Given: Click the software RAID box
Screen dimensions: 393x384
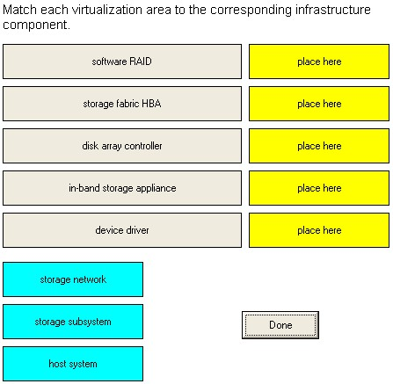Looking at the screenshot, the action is pyautogui.click(x=122, y=62).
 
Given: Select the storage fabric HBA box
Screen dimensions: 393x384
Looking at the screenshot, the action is pyautogui.click(x=122, y=104).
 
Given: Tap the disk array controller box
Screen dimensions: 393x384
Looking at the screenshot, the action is pyautogui.click(x=122, y=146).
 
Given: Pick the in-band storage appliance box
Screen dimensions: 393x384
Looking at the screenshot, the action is pyautogui.click(x=122, y=188).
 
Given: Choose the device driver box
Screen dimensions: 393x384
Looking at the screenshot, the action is pyautogui.click(x=122, y=230).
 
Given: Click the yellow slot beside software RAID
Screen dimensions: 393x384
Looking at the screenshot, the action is pyautogui.click(x=319, y=62).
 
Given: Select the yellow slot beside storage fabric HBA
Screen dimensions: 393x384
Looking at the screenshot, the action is pyautogui.click(x=319, y=104).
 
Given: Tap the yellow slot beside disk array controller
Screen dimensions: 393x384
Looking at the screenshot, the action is pyautogui.click(x=319, y=146).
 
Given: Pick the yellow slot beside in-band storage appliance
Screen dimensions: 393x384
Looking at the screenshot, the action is pyautogui.click(x=319, y=188).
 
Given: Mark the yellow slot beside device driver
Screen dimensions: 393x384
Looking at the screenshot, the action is pyautogui.click(x=319, y=230).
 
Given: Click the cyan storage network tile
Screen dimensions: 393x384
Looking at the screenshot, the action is pyautogui.click(x=73, y=279).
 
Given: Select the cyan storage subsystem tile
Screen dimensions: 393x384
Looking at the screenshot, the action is pyautogui.click(x=73, y=322).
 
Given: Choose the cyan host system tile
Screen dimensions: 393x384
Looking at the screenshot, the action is pyautogui.click(x=73, y=364).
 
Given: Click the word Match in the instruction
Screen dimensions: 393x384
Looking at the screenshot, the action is pyautogui.click(x=20, y=10).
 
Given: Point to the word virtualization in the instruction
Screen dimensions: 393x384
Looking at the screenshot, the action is pyautogui.click(x=106, y=10).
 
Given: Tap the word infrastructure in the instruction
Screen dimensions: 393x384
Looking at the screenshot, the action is pyautogui.click(x=333, y=10).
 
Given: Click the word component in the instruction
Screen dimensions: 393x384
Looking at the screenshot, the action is pyautogui.click(x=36, y=25).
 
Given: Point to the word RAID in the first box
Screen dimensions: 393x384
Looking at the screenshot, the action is pyautogui.click(x=141, y=62).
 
